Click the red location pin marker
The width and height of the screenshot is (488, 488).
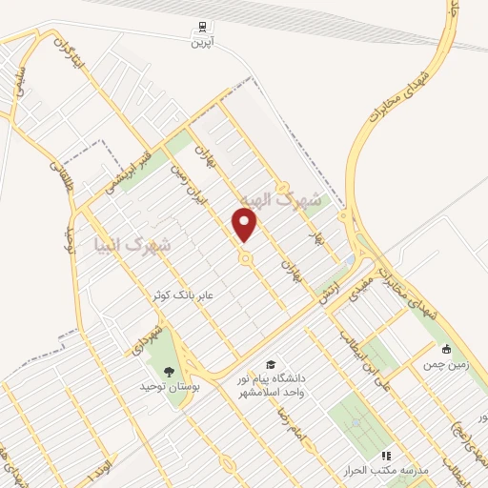click(x=246, y=224)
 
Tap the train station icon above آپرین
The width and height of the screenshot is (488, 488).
click(x=202, y=28)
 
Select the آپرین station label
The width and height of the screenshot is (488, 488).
click(x=202, y=42)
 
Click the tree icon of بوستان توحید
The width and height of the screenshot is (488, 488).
click(x=169, y=371)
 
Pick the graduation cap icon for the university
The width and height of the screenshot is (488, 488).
click(x=271, y=365)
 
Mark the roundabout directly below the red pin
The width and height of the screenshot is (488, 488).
click(x=246, y=258)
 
